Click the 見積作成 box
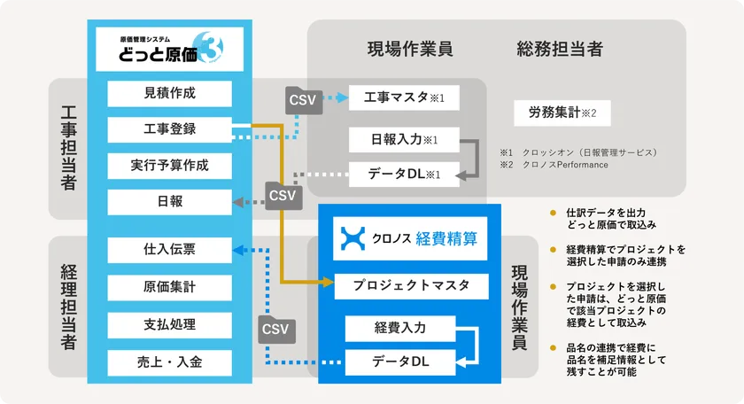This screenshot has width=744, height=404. coord(168,93)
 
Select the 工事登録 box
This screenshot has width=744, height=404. coord(168,129)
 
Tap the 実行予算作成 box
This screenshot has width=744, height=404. coord(168,166)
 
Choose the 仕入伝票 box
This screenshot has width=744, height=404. coord(168,251)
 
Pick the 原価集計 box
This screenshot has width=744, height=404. coord(168,287)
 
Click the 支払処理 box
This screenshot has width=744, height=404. coord(168,324)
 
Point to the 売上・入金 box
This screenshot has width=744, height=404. coord(168,361)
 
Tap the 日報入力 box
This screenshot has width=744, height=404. coord(404,140)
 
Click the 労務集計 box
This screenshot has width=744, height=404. coord(562,113)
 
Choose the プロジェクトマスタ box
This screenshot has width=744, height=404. coord(411,286)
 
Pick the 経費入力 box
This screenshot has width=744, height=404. coord(400,328)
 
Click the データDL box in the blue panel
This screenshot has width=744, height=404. coord(400,361)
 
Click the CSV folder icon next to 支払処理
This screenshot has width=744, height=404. coord(275,330)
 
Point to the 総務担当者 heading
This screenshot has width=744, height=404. coord(560,49)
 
